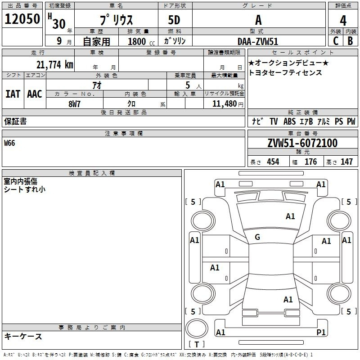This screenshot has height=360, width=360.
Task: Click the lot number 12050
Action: coord(22,19)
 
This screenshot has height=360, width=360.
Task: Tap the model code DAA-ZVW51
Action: coord(258,41)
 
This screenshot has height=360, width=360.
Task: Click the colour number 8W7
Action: coord(75,103)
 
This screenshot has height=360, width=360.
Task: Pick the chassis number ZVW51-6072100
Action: coord(302,143)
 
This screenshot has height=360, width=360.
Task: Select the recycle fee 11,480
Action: coord(224,103)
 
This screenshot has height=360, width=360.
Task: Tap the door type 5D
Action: coord(174,20)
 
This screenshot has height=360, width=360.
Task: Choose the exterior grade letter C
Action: coord(335,41)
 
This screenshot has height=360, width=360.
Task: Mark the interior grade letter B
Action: coord(350,41)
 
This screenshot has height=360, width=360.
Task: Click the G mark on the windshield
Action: coord(257,237)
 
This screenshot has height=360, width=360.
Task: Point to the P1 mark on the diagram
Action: coord(321,332)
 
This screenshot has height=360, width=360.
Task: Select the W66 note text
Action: coord(9,143)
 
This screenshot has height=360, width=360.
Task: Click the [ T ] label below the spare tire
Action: coord(196,345)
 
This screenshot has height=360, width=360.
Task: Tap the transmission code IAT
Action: coord(13,94)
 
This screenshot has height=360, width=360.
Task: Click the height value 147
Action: coord(346,162)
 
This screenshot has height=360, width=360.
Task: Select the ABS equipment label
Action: coord(289,121)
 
